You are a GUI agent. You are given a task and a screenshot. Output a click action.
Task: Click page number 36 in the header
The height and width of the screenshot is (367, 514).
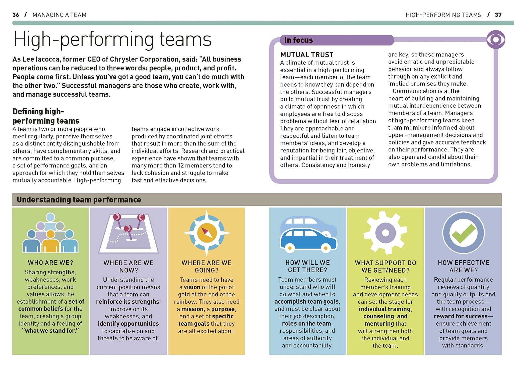pos(16,15)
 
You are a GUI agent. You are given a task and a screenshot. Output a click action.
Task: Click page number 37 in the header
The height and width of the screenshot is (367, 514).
pos(498,15)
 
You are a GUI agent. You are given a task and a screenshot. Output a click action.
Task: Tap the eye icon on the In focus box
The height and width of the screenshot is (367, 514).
pos(496,40)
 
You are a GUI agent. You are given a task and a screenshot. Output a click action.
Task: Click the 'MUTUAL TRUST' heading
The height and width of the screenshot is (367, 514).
pos(307,55)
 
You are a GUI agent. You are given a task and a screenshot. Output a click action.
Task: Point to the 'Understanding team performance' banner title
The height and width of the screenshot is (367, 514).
pos(79,200)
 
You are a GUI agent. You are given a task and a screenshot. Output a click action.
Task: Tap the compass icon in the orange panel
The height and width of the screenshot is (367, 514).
pos(207,233)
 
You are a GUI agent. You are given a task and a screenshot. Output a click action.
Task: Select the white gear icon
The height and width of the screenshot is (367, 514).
pos(385,232)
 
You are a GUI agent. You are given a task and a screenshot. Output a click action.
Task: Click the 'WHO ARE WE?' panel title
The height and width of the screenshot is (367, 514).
pos(50,263)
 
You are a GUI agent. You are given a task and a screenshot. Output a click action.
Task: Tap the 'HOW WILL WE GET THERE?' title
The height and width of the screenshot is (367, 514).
pos(307,266)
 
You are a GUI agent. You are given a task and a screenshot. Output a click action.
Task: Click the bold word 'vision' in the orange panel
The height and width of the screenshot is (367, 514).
pos(192,287)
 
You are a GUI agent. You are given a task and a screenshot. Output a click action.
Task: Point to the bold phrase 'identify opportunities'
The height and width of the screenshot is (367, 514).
pos(128,324)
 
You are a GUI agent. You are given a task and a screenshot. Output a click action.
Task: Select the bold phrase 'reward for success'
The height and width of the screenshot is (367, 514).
pos(461,316)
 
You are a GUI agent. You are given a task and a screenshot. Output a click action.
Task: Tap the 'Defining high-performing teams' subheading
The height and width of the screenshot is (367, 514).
pos(46,116)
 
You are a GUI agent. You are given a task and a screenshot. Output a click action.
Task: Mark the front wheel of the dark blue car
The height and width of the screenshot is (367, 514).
pos(326,248)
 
